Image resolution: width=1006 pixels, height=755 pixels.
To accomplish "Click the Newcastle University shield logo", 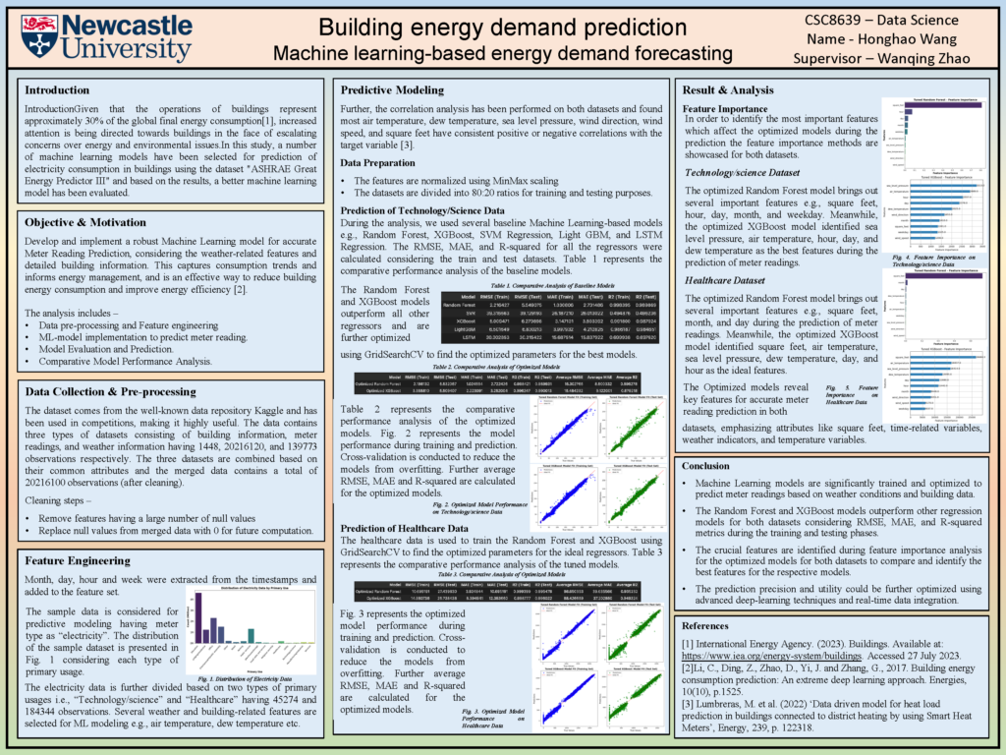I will tap(37, 36).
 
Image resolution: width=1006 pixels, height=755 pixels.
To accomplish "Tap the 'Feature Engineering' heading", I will tap(84, 559).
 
